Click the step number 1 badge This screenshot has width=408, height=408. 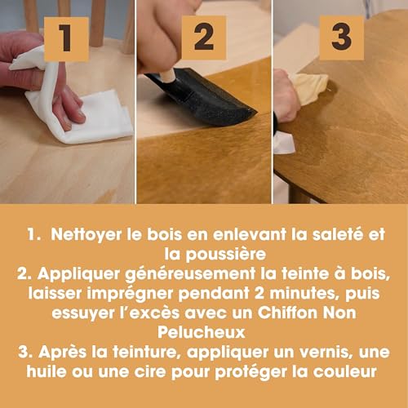click(66, 39)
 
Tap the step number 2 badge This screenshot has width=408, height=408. click(204, 38)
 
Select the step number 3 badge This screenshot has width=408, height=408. click(342, 38)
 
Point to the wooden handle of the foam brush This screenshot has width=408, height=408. click(169, 75)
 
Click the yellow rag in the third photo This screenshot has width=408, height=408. click(310, 88)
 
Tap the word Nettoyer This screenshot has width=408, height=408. click(86, 234)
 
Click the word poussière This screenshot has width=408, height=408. click(226, 255)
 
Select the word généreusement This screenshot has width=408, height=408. click(190, 274)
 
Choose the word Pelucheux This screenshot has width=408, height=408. click(202, 332)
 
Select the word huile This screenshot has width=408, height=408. click(47, 371)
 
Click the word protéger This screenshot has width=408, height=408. click(251, 372)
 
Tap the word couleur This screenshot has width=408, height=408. click(345, 372)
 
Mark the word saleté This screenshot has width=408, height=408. click(338, 234)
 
